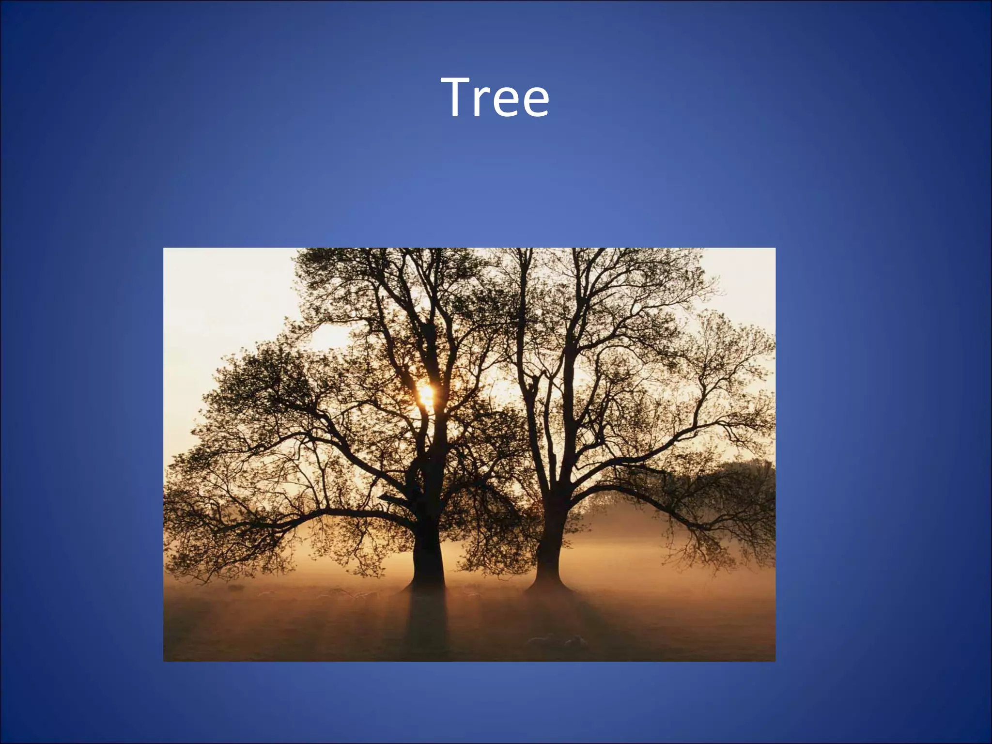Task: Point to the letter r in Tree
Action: (x=485, y=103)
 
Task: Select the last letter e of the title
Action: (x=532, y=103)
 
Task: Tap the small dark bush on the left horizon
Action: (x=235, y=588)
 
